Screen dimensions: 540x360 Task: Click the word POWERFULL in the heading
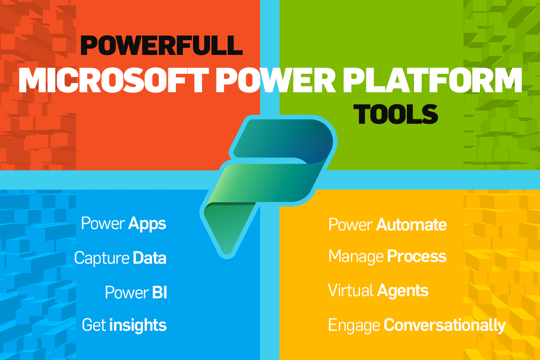161,45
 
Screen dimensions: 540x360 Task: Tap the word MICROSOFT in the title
114,80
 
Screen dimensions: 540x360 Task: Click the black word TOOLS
396,114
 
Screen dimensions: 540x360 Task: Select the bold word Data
149,258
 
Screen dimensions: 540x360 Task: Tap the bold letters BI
160,292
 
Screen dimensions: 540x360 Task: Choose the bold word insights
138,325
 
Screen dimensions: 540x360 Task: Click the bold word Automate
411,225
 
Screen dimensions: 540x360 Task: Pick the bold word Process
417,256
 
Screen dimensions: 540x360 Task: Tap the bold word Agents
403,291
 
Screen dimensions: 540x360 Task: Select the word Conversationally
445,325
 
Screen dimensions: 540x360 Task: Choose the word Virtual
351,290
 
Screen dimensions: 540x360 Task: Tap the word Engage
354,326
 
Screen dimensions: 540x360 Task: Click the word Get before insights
94,325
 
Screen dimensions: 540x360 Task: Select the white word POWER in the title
275,80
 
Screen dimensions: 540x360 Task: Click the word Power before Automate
351,225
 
